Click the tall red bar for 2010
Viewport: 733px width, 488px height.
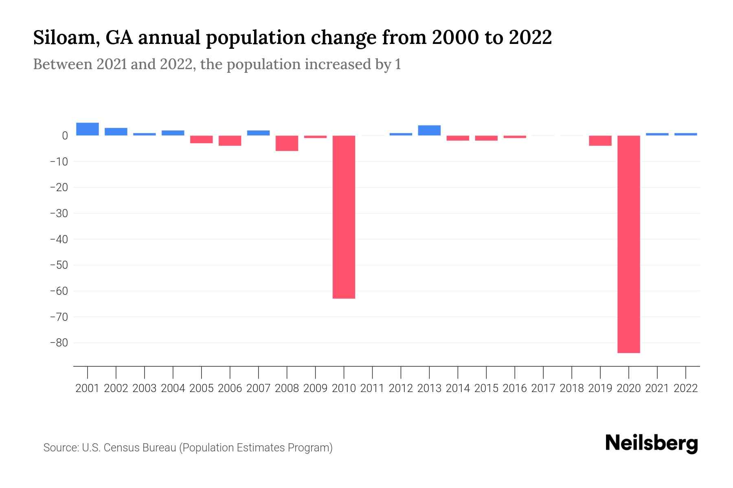point(344,217)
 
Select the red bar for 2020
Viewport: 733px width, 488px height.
point(628,244)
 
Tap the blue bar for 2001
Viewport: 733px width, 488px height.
point(88,129)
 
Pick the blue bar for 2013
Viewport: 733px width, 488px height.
point(429,130)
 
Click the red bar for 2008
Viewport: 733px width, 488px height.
point(287,143)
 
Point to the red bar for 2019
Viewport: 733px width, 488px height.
point(600,141)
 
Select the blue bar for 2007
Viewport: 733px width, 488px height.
point(258,133)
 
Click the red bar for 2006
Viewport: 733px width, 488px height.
point(230,141)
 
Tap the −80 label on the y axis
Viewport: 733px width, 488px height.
point(59,343)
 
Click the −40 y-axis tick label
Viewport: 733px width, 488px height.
point(59,239)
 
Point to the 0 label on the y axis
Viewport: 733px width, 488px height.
point(64,136)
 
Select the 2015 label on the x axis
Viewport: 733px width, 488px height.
point(486,388)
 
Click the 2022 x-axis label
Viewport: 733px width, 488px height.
point(686,388)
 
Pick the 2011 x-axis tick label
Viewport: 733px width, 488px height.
point(372,388)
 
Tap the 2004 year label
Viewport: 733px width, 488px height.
point(173,388)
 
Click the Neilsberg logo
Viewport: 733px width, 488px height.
point(652,443)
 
